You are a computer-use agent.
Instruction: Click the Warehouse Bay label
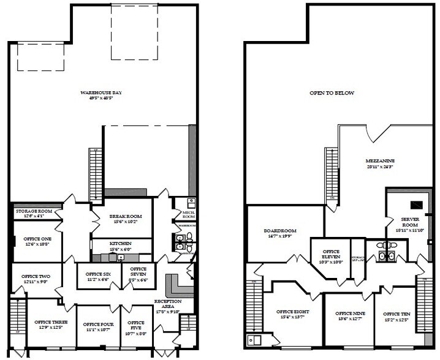coord(97,92)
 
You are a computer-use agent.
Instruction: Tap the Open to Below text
coord(332,93)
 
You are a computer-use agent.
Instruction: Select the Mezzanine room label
coord(381,161)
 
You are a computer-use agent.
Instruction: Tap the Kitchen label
coord(121,243)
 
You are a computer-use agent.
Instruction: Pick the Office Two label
coord(36,277)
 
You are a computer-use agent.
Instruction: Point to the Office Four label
coord(99,324)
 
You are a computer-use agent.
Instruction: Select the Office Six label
coord(97,274)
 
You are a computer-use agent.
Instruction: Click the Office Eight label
coord(293,312)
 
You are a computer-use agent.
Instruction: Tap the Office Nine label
coord(349,314)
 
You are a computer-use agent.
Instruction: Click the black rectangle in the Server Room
coord(415,204)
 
